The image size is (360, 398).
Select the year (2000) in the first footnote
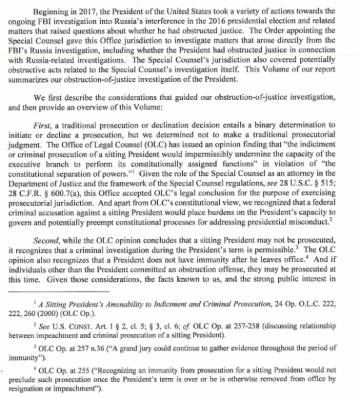pos(58,313)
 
